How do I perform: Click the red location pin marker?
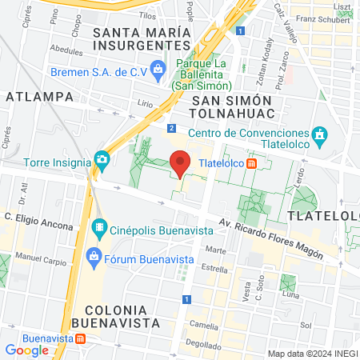coord(180,162)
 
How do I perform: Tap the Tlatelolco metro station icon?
coord(252,163)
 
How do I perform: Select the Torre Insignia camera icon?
coord(102,159)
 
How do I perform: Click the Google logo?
coord(26,350)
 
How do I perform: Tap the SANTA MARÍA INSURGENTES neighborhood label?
coord(143,39)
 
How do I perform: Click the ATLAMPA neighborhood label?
coord(39,96)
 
